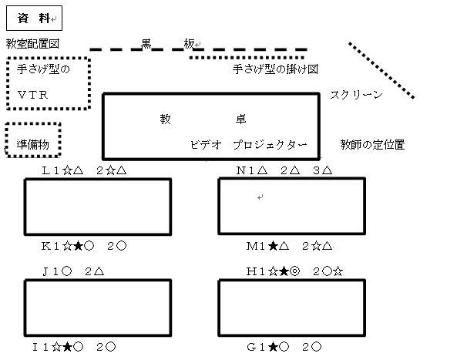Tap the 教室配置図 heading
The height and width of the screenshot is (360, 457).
(32, 44)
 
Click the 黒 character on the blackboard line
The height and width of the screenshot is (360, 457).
(146, 44)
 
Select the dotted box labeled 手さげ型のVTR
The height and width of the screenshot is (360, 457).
(7, 83)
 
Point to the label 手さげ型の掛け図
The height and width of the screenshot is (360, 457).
(275, 69)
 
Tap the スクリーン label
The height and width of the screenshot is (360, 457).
(357, 95)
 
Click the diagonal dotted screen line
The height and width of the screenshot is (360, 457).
(381, 71)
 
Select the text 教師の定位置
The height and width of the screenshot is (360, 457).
(372, 145)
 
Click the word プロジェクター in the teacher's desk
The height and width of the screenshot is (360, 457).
(271, 145)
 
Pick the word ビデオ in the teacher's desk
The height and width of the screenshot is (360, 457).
(206, 145)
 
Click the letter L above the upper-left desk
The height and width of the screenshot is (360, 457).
(46, 170)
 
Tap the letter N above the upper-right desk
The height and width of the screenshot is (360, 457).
(240, 170)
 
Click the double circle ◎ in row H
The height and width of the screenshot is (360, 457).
(295, 271)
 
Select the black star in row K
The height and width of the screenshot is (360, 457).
(78, 247)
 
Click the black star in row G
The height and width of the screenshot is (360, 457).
(273, 347)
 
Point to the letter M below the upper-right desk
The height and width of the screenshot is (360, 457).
(251, 247)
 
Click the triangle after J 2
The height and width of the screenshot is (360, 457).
(99, 271)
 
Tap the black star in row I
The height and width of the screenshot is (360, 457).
(67, 347)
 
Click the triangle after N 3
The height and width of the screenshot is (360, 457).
(327, 170)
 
